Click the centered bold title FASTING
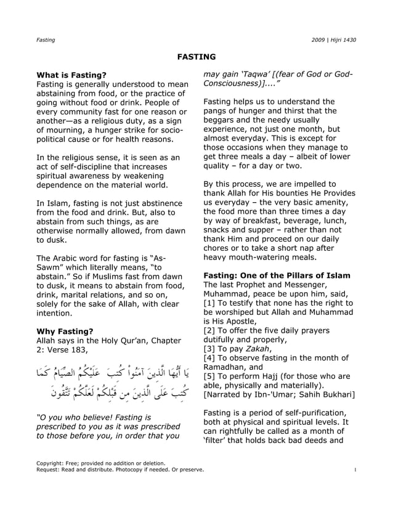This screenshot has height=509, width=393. tap(197, 57)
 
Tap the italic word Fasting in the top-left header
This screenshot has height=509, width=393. tap(46, 40)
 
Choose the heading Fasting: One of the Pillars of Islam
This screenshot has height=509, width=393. tap(277, 275)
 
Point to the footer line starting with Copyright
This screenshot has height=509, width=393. tap(101, 462)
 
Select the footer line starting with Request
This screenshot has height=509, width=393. tap(120, 470)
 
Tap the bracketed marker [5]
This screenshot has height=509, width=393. tap(209, 375)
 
